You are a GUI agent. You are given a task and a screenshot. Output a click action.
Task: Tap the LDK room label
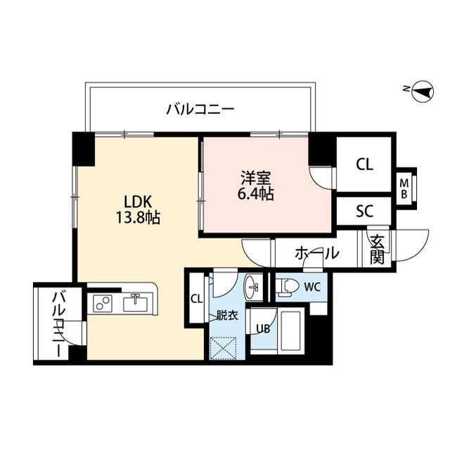click(x=137, y=200)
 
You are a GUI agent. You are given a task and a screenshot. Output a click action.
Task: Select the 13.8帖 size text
click(x=138, y=218)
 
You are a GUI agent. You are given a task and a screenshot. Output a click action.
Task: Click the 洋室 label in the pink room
click(x=256, y=176)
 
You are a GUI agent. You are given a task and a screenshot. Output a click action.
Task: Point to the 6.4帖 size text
click(x=256, y=193)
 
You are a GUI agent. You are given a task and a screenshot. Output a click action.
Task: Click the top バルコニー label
click(x=200, y=109)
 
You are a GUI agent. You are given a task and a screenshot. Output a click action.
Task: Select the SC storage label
click(x=364, y=210)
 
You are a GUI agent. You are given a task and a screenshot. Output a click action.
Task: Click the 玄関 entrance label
click(x=376, y=249)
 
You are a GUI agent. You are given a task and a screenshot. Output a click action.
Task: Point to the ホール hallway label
click(x=316, y=253)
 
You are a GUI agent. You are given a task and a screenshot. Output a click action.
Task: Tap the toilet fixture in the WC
click(x=287, y=286)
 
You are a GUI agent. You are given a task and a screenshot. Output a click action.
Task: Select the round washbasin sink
click(x=252, y=285)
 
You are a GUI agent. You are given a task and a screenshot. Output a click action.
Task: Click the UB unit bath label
click(x=263, y=328)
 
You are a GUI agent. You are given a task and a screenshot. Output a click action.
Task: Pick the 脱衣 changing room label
click(x=226, y=315)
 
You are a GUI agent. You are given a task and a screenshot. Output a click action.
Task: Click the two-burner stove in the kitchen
click(x=103, y=304)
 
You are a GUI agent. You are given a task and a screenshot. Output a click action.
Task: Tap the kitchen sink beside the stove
click(x=134, y=304)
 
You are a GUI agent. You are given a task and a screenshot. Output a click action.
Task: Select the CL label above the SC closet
click(x=364, y=165)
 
